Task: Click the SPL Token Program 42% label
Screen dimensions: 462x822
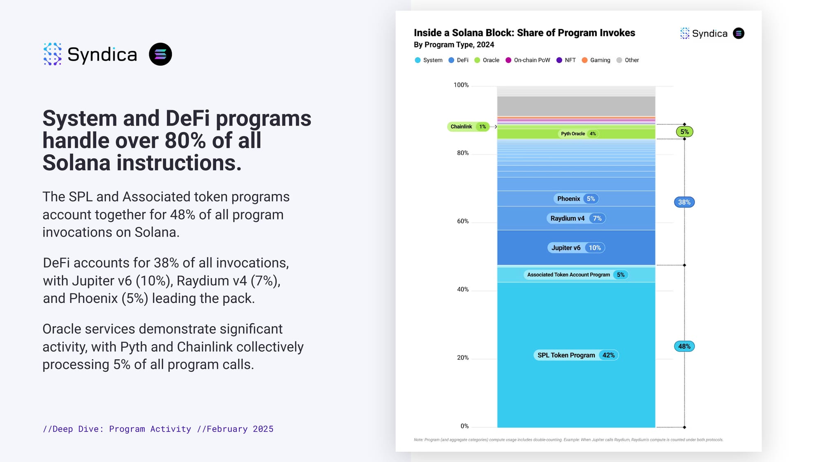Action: point(576,355)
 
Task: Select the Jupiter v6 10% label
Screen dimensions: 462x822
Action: point(576,248)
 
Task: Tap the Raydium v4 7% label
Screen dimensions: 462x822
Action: point(576,218)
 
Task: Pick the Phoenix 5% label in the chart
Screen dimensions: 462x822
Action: point(576,199)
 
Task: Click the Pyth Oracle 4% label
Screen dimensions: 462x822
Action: point(578,134)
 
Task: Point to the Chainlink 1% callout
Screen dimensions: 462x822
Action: point(468,126)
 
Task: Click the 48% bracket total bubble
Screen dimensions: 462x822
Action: point(684,347)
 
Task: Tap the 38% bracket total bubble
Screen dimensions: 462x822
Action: point(684,202)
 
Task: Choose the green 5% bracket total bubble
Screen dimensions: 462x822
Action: point(684,132)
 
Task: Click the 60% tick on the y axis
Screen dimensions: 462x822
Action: point(463,221)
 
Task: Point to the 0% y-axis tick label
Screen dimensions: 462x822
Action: point(464,426)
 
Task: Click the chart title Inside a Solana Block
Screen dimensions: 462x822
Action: point(524,33)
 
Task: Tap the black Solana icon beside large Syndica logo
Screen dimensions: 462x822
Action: point(160,54)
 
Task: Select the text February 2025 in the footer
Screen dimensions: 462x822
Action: point(240,429)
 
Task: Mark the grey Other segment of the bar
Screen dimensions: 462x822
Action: point(576,106)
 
